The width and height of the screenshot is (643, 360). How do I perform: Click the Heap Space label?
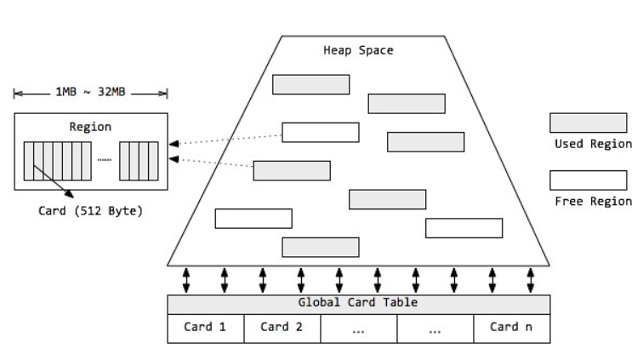[x=358, y=50]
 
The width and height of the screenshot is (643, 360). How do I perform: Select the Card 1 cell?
[x=205, y=327]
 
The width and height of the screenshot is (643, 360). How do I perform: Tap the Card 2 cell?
[x=282, y=327]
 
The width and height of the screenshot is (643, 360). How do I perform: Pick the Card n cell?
[x=511, y=327]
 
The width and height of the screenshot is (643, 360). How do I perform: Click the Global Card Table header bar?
[x=358, y=304]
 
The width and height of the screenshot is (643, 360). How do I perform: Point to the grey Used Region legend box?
[x=588, y=123]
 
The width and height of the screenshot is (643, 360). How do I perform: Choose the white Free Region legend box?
[x=588, y=180]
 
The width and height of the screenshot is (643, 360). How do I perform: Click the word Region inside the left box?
[x=90, y=127]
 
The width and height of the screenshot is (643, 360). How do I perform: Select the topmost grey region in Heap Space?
[x=310, y=84]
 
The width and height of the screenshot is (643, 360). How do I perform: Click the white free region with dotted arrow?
[x=320, y=132]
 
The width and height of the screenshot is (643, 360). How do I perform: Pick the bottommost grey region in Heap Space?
[x=320, y=247]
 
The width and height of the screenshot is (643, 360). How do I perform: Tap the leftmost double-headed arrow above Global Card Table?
[x=186, y=279]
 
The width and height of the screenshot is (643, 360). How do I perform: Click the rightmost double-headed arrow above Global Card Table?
[x=530, y=279]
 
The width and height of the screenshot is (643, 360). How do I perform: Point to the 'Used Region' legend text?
[x=592, y=144]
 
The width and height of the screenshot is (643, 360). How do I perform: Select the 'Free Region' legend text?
[x=592, y=202]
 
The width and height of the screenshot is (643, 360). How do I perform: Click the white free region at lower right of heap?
[x=464, y=228]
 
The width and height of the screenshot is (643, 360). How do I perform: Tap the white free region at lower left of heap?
[x=253, y=219]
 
